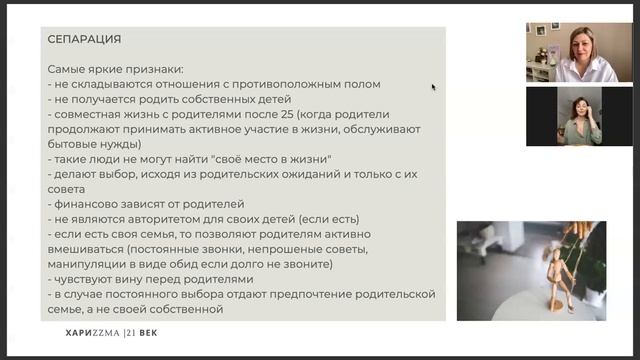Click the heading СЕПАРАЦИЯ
(84, 40)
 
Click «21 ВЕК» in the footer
(141, 332)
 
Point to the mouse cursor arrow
(433, 87)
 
